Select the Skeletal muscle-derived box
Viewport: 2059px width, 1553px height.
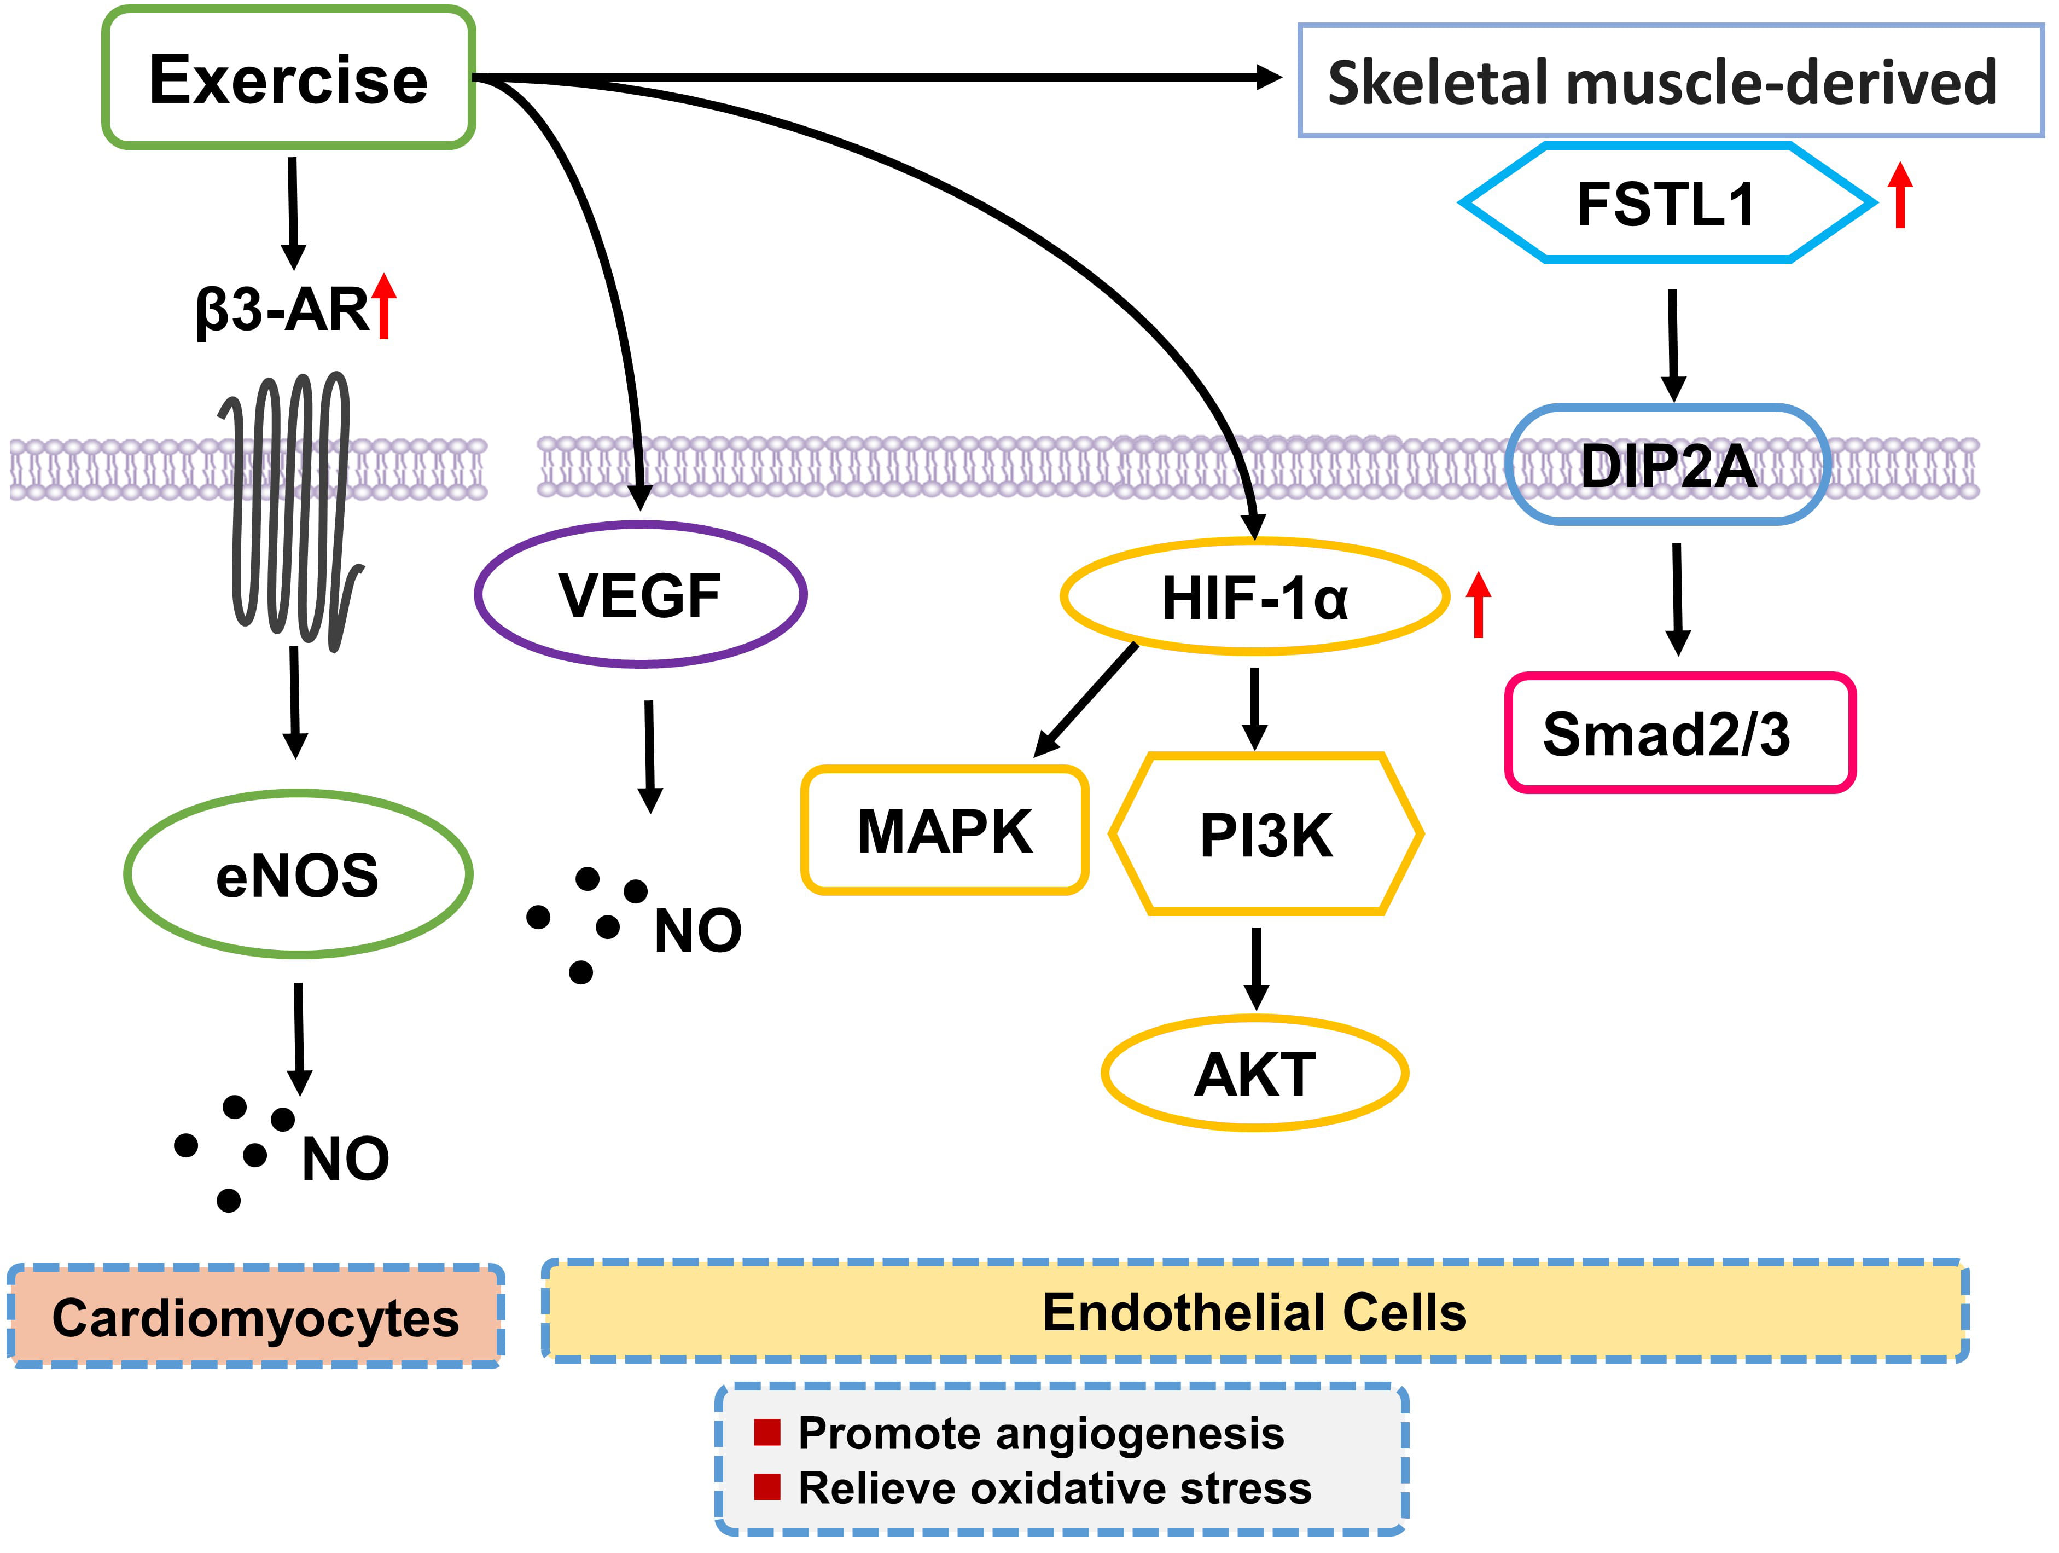[1670, 82]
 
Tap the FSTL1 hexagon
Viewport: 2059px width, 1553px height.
[1666, 203]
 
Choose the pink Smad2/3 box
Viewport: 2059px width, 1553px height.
[1680, 734]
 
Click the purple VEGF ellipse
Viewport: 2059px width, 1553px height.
[641, 595]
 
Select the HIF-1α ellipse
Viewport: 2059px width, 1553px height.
[1255, 597]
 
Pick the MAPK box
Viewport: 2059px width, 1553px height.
[945, 831]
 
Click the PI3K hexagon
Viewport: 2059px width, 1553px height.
[1266, 834]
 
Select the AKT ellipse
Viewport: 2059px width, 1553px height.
[1255, 1074]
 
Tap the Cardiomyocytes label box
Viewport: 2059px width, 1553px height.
[256, 1318]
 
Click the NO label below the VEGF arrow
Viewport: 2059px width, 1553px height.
[698, 930]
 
